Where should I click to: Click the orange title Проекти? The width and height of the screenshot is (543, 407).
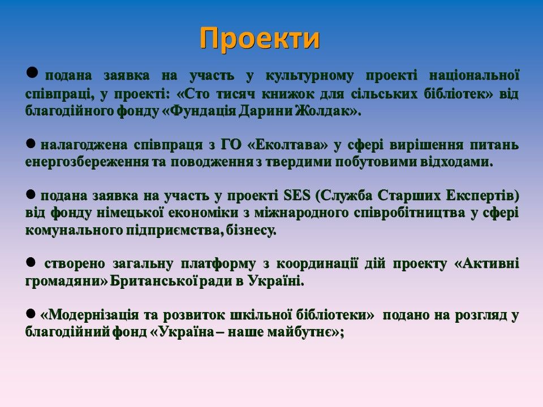[260, 38]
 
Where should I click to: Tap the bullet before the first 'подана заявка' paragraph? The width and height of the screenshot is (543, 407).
[32, 72]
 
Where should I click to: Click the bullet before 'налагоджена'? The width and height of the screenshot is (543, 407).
[31, 143]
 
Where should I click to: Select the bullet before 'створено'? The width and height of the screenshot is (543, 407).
[31, 262]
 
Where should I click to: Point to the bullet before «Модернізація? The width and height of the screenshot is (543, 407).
[31, 314]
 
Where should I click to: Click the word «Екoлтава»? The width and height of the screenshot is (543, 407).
[288, 145]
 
